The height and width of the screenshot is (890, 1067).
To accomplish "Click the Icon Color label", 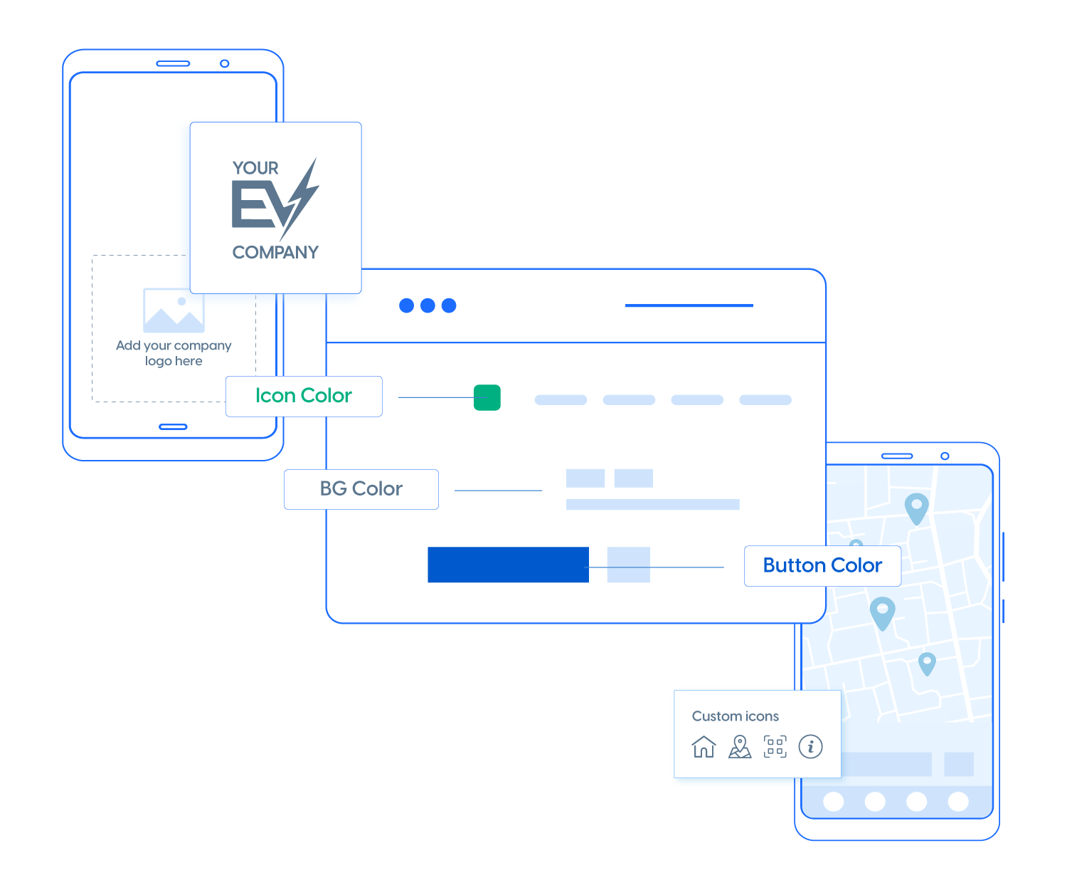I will point(304,396).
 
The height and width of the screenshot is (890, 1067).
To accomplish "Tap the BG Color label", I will point(361,489).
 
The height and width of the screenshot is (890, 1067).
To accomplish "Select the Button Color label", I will point(822,565).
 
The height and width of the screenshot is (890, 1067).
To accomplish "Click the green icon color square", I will point(487,397).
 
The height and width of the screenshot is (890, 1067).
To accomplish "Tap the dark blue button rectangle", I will point(508,565).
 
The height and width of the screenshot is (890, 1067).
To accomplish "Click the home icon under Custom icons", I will point(704,747).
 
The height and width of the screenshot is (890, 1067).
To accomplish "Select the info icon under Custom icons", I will point(810,746).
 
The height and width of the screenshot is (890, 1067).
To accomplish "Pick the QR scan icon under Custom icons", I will point(775,747).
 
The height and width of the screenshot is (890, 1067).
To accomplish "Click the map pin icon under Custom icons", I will point(740,747).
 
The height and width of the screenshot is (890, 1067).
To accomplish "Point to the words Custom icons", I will point(735,716).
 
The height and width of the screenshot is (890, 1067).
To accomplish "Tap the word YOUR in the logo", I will point(255,168).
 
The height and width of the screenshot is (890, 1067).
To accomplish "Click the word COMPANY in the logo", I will point(275,253).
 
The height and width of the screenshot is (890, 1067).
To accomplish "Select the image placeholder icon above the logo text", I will point(174,310).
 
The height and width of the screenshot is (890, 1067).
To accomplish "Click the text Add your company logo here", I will point(174,353).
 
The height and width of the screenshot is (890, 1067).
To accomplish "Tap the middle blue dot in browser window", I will point(428,305).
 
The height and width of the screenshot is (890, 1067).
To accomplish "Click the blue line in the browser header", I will point(689,305).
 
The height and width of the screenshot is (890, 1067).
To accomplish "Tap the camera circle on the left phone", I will point(224,63).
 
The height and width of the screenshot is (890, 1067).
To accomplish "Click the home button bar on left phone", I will point(173,427).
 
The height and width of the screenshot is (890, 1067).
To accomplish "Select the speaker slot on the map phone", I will point(896,456).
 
